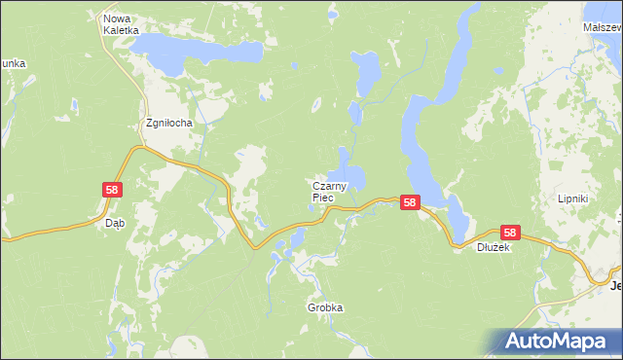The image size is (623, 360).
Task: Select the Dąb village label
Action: click(114, 223)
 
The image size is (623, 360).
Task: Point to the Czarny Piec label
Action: click(331, 191)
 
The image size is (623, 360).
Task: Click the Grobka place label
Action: click(325, 307)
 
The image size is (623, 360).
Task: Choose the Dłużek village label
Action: click(494, 247)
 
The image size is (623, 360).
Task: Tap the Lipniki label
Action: click(600, 198)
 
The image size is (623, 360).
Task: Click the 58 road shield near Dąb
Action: click(112, 191)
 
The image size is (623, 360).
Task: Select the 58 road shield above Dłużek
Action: click(511, 233)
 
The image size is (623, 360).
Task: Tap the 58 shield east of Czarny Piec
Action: click(410, 203)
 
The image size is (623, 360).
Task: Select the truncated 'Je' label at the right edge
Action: click(615, 286)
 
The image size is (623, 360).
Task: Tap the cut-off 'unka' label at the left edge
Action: click(13, 63)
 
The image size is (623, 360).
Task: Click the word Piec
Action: click(323, 198)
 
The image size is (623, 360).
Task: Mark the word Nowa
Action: click(117, 18)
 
